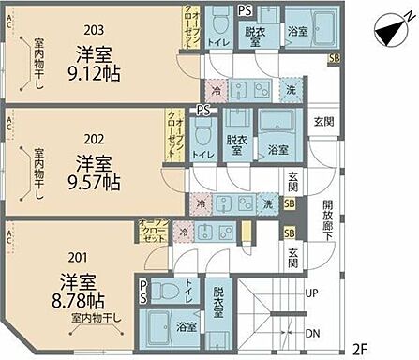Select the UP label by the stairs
coord(311,292)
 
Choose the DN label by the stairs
coord(311,333)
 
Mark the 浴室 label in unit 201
coord(187,326)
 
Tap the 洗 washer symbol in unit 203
coord(290,92)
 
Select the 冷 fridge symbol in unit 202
coord(200,202)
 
